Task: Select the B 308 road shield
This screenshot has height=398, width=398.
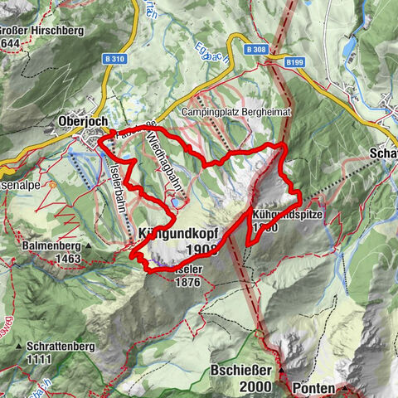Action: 258,50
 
